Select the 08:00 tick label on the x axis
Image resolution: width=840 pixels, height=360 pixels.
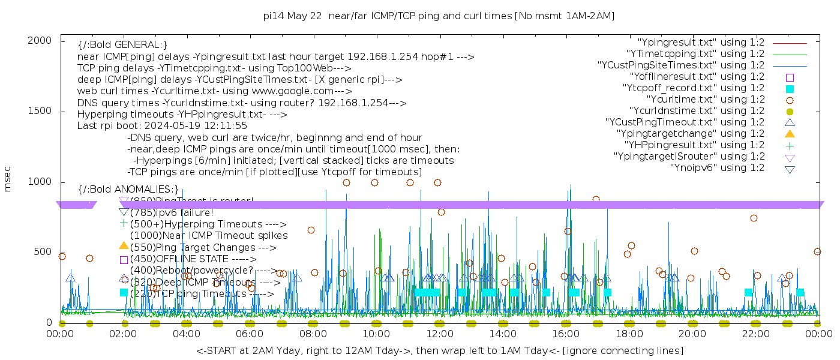pos(313,334)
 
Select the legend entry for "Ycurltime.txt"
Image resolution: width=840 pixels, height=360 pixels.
pos(705,100)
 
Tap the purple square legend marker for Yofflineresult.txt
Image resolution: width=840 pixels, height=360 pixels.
pos(790,77)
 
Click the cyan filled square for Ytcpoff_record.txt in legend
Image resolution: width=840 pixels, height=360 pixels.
pos(790,88)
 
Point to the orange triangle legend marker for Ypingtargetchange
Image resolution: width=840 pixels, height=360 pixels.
pos(790,134)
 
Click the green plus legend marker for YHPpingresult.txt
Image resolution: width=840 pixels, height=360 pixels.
pos(790,145)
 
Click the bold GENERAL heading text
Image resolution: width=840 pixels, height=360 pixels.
pos(122,45)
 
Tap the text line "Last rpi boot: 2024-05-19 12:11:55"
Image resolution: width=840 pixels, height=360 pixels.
pos(162,126)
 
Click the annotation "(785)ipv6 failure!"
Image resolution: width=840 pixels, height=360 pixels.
pos(172,212)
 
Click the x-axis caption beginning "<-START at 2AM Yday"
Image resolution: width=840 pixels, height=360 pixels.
pos(439,350)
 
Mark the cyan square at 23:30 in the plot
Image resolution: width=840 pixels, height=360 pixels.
pos(800,292)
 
